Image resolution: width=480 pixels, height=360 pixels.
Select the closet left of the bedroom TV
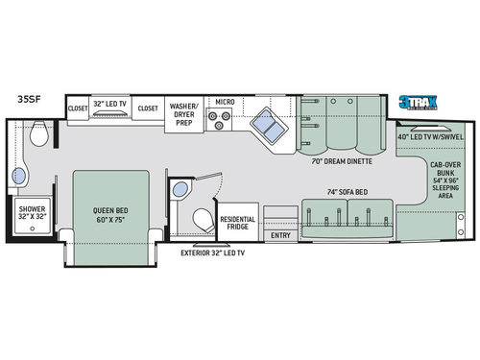(x=78, y=108)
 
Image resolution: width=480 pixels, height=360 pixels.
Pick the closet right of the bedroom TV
(x=147, y=108)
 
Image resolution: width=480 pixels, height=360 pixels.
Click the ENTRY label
(x=280, y=234)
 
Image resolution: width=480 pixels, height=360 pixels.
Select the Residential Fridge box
(x=238, y=224)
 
